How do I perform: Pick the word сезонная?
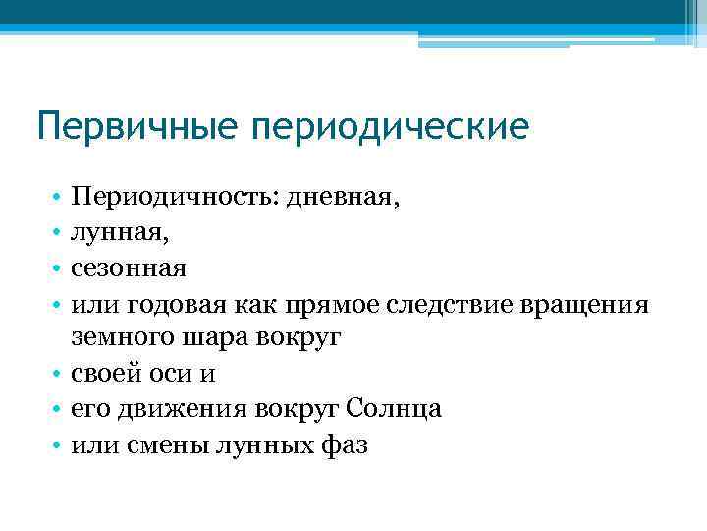(x=129, y=267)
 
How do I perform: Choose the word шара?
(x=205, y=338)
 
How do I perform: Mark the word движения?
(x=181, y=410)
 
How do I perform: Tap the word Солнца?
(x=389, y=410)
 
